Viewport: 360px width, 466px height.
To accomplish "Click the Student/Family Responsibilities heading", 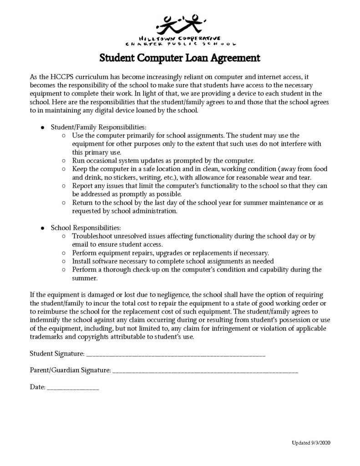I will tap(98, 127).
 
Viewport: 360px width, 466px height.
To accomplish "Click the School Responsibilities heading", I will tap(86, 227).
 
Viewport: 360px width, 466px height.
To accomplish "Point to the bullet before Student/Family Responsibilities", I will tap(42, 127).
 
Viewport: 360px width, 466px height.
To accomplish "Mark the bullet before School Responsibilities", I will tap(42, 227).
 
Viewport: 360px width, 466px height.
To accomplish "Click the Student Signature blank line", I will tap(175, 354).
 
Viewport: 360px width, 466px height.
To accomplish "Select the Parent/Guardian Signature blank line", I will tap(205, 371).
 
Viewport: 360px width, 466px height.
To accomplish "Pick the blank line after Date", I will tap(73, 389).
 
